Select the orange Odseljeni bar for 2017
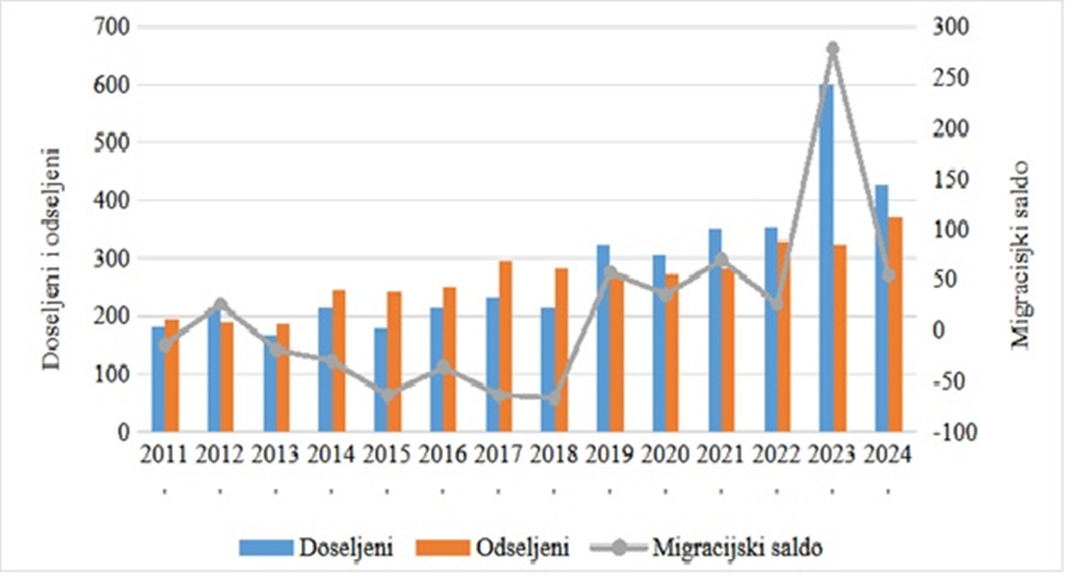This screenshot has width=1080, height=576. (x=506, y=346)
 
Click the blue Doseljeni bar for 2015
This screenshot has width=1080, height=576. (x=381, y=380)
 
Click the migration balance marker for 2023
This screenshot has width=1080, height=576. (x=833, y=49)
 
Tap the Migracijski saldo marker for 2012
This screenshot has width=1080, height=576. (x=220, y=304)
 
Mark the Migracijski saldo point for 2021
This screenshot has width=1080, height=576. (x=721, y=260)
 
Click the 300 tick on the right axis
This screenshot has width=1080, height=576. (x=950, y=27)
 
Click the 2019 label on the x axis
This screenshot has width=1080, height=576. (x=610, y=455)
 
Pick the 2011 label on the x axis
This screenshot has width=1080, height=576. (x=164, y=455)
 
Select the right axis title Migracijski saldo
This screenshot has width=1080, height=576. (x=1021, y=253)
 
